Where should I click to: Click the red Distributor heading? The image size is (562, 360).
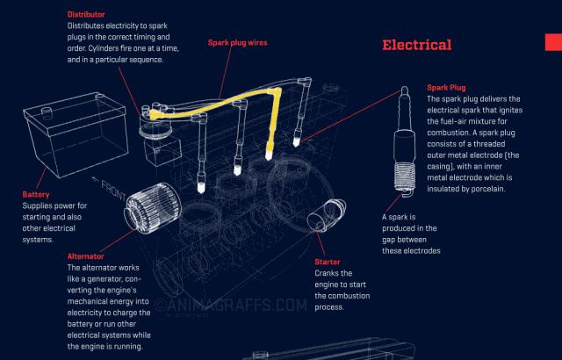(x=86, y=14)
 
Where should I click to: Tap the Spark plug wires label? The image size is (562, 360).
(x=237, y=42)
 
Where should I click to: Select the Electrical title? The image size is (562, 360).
(x=416, y=45)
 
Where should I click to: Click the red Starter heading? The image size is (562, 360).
(x=327, y=262)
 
